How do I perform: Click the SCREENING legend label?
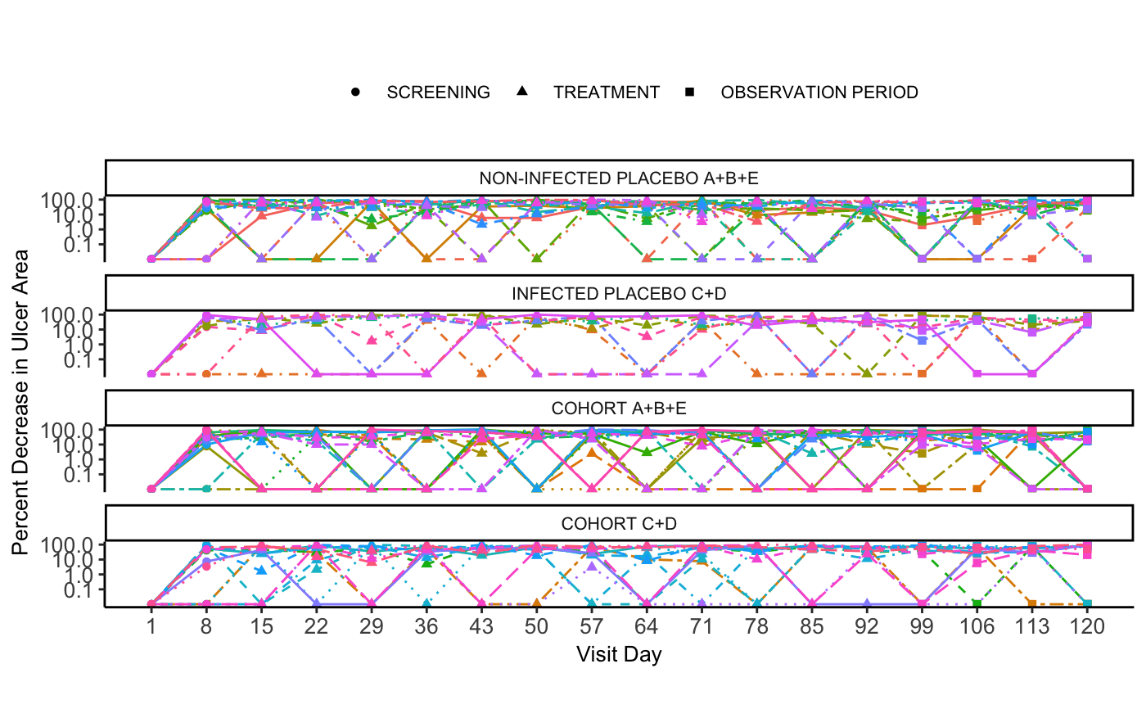tap(438, 93)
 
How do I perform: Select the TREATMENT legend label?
tap(606, 93)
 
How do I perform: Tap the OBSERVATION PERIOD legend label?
tap(819, 93)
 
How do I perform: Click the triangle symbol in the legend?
tap(522, 92)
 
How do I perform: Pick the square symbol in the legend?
tap(689, 93)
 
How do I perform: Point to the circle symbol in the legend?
tap(355, 93)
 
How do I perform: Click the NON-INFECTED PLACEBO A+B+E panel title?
tap(619, 178)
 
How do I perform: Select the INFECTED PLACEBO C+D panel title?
tap(619, 293)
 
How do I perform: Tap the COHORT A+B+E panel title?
tap(619, 408)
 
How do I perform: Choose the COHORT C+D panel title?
tap(619, 523)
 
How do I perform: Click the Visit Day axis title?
tap(619, 655)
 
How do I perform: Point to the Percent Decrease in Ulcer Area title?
tap(20, 402)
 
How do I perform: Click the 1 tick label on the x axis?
tap(151, 628)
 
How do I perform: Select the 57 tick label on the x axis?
tap(592, 628)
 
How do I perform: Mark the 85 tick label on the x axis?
tap(811, 628)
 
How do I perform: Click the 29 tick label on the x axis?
tap(371, 628)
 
